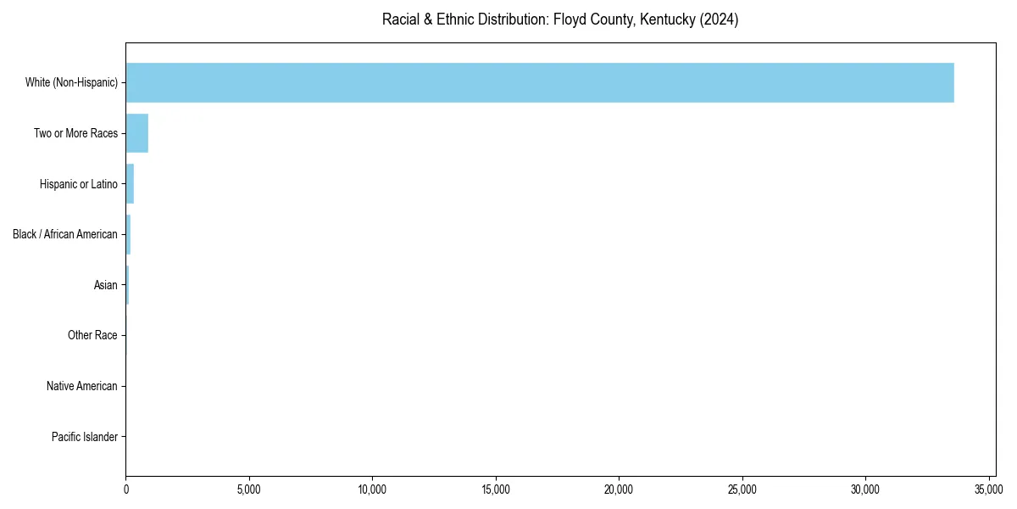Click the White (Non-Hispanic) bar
pyautogui.click(x=540, y=82)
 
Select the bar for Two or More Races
pyautogui.click(x=137, y=133)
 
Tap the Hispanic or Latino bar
pyautogui.click(x=130, y=184)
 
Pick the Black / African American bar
pyautogui.click(x=128, y=234)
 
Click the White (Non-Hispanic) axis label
pyautogui.click(x=71, y=82)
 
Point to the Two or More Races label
pyautogui.click(x=75, y=133)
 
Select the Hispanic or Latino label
pyautogui.click(x=78, y=184)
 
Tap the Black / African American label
pyautogui.click(x=65, y=234)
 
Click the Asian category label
pyautogui.click(x=106, y=285)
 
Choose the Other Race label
pyautogui.click(x=92, y=336)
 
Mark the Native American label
pyautogui.click(x=82, y=387)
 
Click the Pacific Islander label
pyautogui.click(x=84, y=438)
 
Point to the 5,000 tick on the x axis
pyautogui.click(x=249, y=489)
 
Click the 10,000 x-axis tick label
pyautogui.click(x=372, y=489)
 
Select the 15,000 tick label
pyautogui.click(x=496, y=489)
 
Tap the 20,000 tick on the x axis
pyautogui.click(x=619, y=489)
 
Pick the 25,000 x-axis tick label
pyautogui.click(x=742, y=489)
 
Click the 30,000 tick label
pyautogui.click(x=865, y=489)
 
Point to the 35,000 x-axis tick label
pyautogui.click(x=989, y=489)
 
